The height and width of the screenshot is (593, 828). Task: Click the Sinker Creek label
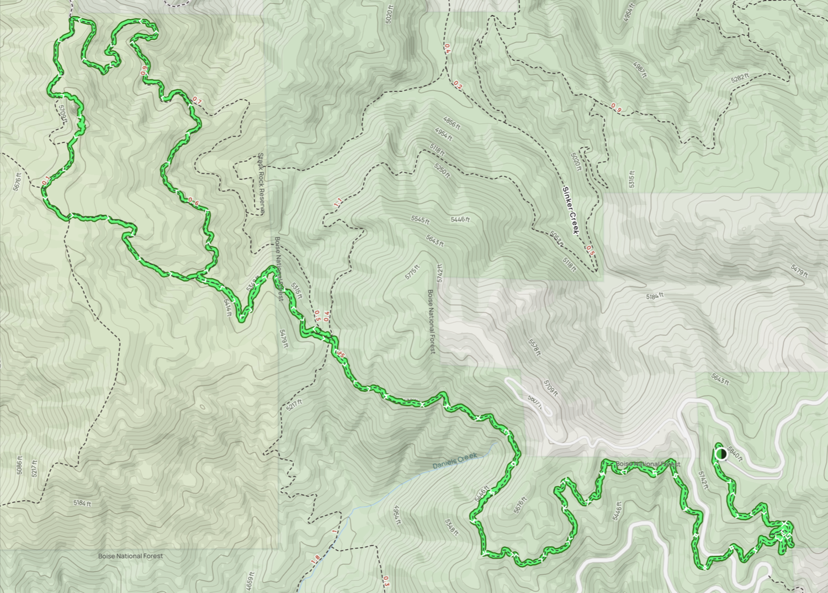tap(570, 211)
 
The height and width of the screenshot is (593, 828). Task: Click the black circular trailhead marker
tap(721, 454)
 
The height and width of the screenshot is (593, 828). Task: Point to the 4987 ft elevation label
tap(640, 70)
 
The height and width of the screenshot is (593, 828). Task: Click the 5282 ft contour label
tap(740, 78)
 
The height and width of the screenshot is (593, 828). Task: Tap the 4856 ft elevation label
tap(451, 123)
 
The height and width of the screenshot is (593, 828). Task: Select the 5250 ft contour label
tap(442, 171)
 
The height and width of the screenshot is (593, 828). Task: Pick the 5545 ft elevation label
tap(420, 220)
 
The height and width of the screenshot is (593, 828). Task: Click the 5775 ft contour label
tap(412, 272)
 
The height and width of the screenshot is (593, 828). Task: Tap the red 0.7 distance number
tap(197, 101)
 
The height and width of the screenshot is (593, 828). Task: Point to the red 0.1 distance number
tap(45, 179)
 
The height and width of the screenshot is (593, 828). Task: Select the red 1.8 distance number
tap(315, 559)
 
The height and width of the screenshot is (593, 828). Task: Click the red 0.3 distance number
tap(386, 581)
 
